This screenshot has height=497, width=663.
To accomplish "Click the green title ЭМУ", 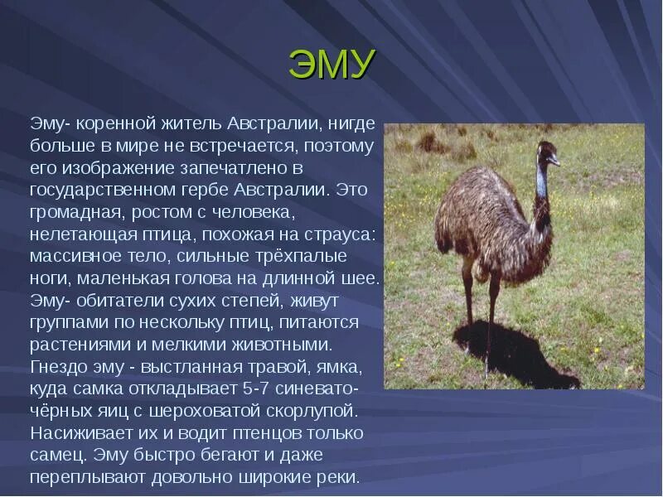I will point(332,64).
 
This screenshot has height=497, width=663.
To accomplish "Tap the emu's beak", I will point(557,162).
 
